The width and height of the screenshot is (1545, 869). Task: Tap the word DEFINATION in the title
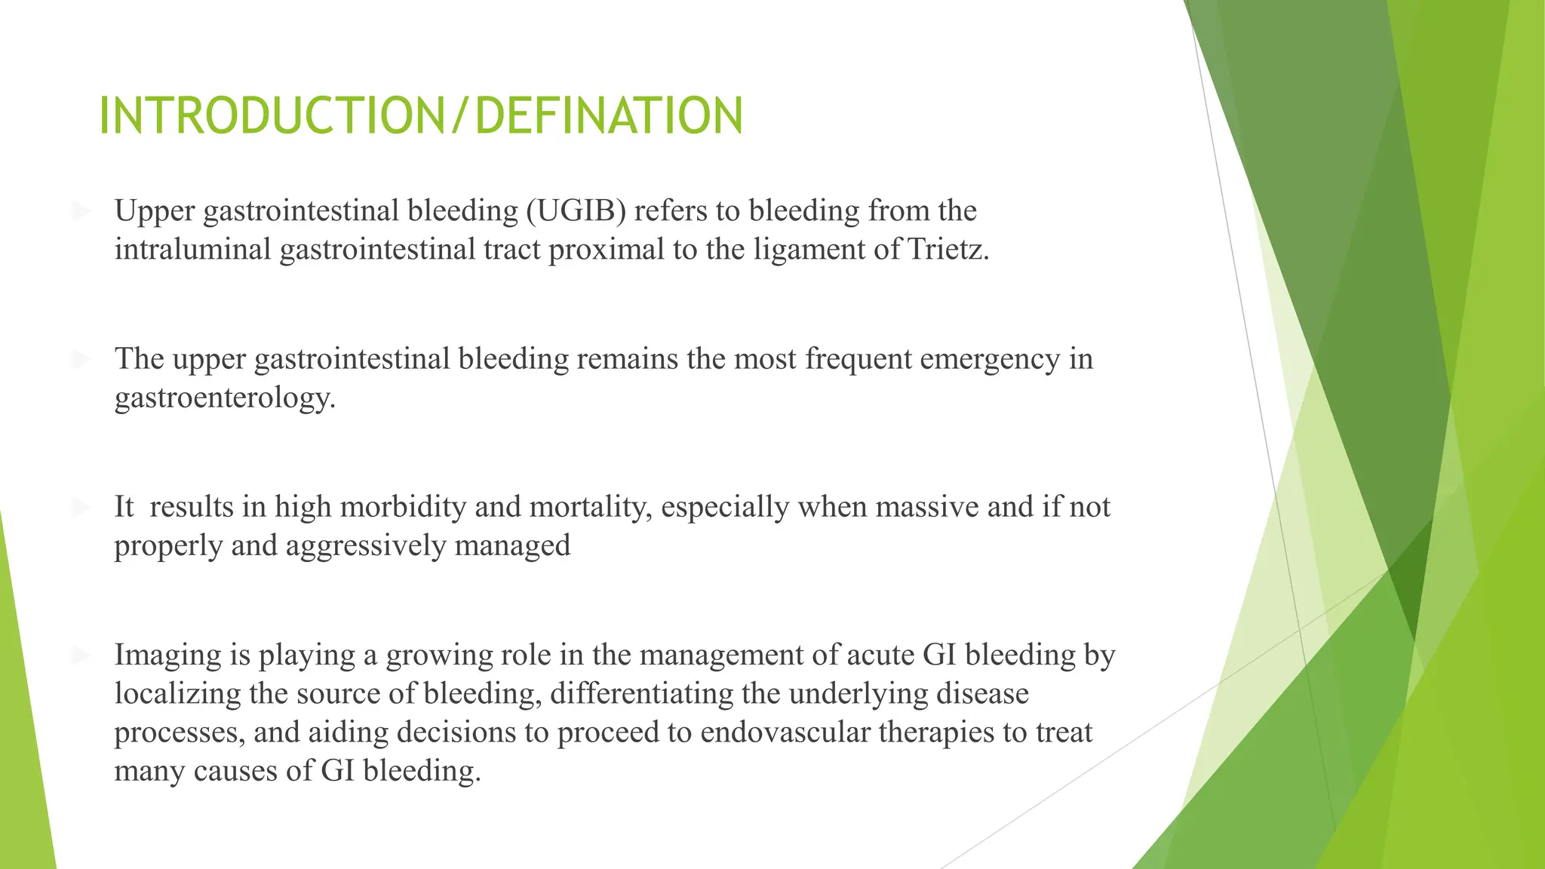609,117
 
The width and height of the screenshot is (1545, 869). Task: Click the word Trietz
948,250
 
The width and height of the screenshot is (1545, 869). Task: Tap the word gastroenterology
225,398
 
